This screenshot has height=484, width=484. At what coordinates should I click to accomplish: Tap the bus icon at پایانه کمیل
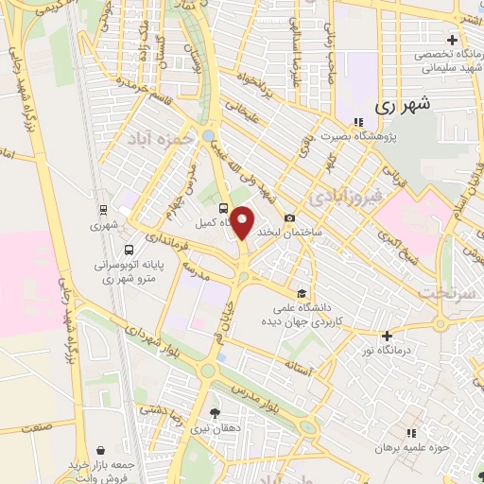(223, 208)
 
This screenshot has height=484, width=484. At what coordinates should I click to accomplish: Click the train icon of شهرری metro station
(102, 211)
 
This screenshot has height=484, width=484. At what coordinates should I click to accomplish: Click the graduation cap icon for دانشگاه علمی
(301, 293)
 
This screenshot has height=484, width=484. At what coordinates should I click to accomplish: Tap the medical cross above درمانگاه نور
(387, 336)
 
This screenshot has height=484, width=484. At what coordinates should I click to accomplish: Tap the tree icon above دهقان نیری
(215, 412)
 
